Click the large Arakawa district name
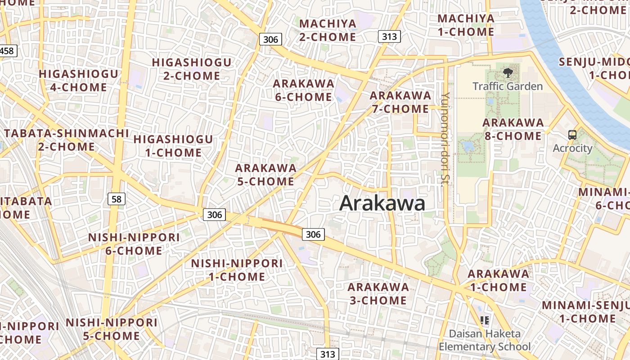(382, 203)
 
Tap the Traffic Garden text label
(508, 86)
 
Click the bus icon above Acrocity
(572, 135)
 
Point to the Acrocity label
(572, 148)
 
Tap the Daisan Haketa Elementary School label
(485, 340)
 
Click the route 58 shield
(117, 198)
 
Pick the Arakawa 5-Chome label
(265, 175)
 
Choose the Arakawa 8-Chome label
(513, 129)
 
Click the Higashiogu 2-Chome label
(192, 69)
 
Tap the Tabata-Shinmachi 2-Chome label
(66, 140)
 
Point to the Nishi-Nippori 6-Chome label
(134, 244)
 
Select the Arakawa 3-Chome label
(378, 293)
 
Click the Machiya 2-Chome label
(328, 30)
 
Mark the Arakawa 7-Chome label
(400, 102)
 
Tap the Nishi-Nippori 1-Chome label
(237, 270)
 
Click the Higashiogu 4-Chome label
(78, 81)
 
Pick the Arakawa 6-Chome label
(303, 90)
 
